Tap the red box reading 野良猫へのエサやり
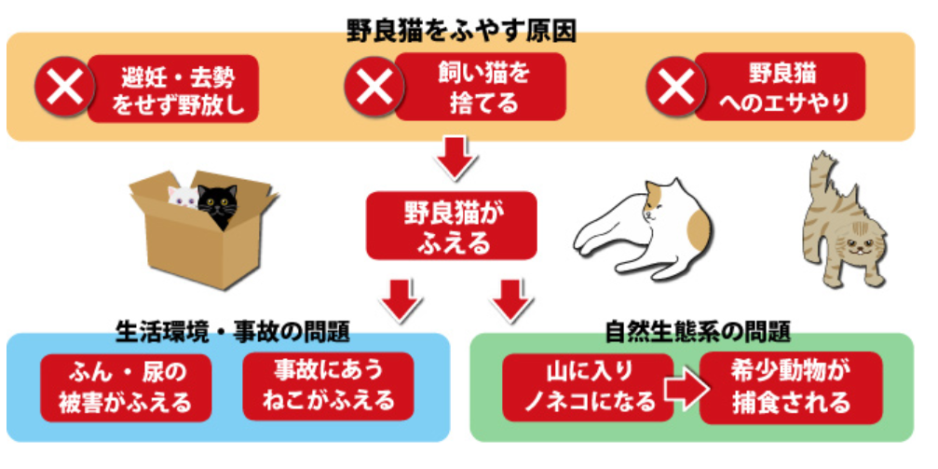pyautogui.click(x=781, y=87)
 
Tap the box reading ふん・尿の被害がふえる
pyautogui.click(x=127, y=387)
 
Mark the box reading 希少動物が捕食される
pyautogui.click(x=791, y=387)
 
